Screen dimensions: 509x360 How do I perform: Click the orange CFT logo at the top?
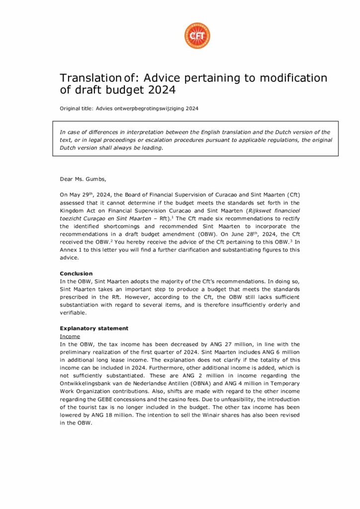pyautogui.click(x=197, y=35)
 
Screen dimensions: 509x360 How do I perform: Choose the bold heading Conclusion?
pyautogui.click(x=76, y=273)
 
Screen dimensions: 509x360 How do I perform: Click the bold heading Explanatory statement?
pyautogui.click(x=94, y=328)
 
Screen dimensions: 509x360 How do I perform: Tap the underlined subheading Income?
pyautogui.click(x=70, y=336)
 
